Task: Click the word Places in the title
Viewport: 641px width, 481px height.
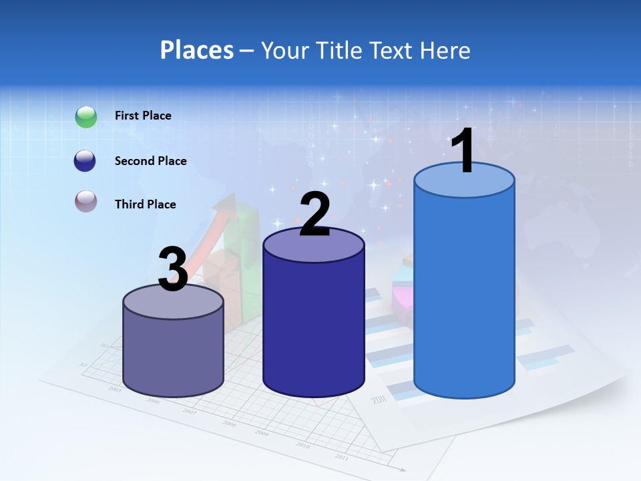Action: tap(197, 50)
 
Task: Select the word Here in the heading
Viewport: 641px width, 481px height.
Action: tap(446, 50)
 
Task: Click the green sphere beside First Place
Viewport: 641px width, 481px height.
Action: tap(86, 116)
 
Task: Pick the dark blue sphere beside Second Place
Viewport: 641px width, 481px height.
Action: tap(86, 161)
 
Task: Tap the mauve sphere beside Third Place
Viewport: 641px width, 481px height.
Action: tap(86, 201)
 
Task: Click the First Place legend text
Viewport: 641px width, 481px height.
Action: tap(143, 116)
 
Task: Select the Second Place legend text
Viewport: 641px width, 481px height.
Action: tap(150, 161)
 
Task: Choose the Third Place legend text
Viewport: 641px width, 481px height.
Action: tap(145, 204)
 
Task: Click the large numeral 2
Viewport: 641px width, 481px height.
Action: tap(314, 214)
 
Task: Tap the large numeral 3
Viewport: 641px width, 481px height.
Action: tap(173, 269)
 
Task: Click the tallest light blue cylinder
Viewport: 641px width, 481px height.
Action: tap(464, 294)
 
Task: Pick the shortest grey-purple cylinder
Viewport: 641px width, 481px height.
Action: tap(174, 347)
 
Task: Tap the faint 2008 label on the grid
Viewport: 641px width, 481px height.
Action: tap(229, 424)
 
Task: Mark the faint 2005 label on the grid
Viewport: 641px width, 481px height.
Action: tap(114, 389)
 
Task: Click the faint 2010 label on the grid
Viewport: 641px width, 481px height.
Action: tap(302, 445)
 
